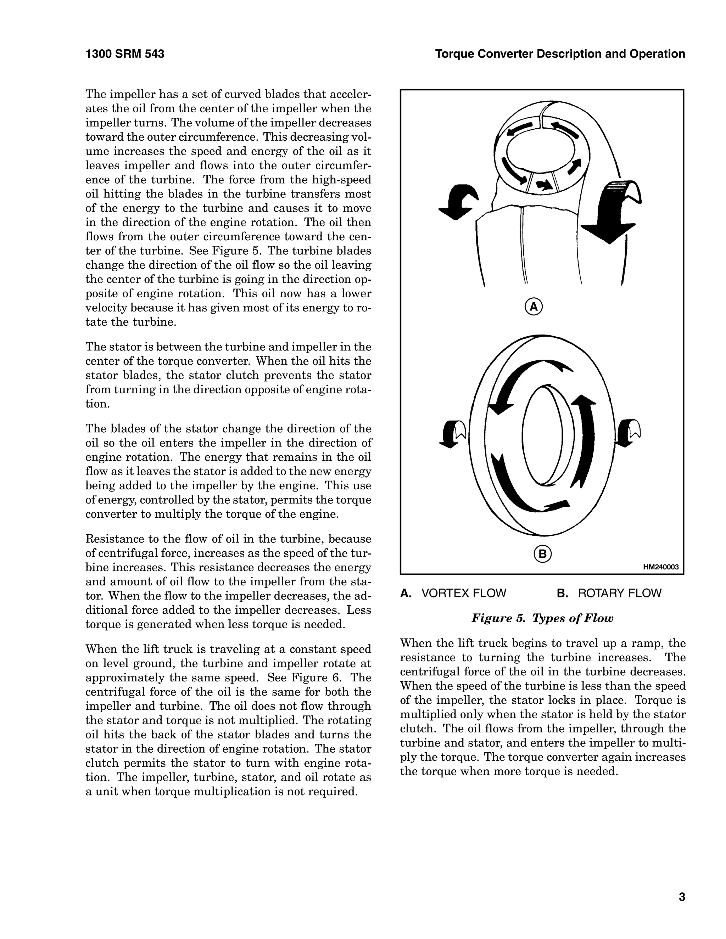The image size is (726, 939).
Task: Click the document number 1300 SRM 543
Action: coord(125,54)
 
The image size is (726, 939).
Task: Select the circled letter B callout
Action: coord(542,554)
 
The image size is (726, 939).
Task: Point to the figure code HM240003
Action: coord(661,567)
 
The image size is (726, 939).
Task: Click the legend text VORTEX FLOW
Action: coord(464,593)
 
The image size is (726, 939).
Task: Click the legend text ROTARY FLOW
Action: coord(619,593)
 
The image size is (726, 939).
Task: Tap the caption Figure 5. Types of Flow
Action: coord(542,618)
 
